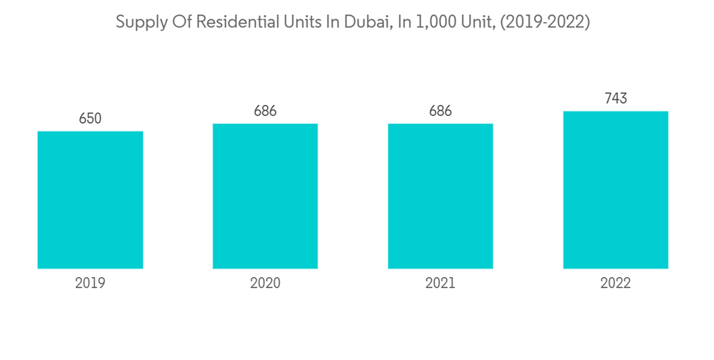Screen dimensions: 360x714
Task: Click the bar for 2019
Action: click(x=90, y=200)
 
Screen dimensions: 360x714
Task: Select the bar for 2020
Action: click(x=265, y=196)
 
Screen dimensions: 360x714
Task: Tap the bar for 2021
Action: click(x=441, y=196)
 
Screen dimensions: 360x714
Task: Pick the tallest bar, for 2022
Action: click(x=615, y=190)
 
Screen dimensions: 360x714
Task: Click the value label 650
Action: click(x=90, y=119)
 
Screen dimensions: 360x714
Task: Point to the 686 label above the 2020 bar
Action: click(x=265, y=111)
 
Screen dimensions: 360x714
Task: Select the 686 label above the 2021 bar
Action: click(x=441, y=111)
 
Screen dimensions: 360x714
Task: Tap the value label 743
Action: click(x=615, y=99)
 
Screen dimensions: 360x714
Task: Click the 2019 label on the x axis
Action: click(x=90, y=284)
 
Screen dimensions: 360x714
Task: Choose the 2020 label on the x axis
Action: click(x=265, y=284)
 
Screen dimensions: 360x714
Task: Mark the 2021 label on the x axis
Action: click(x=441, y=284)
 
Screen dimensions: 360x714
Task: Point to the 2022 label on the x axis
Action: click(x=615, y=284)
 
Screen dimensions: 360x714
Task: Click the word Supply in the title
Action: click(x=139, y=23)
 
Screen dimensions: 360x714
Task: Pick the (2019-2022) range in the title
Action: click(x=544, y=23)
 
